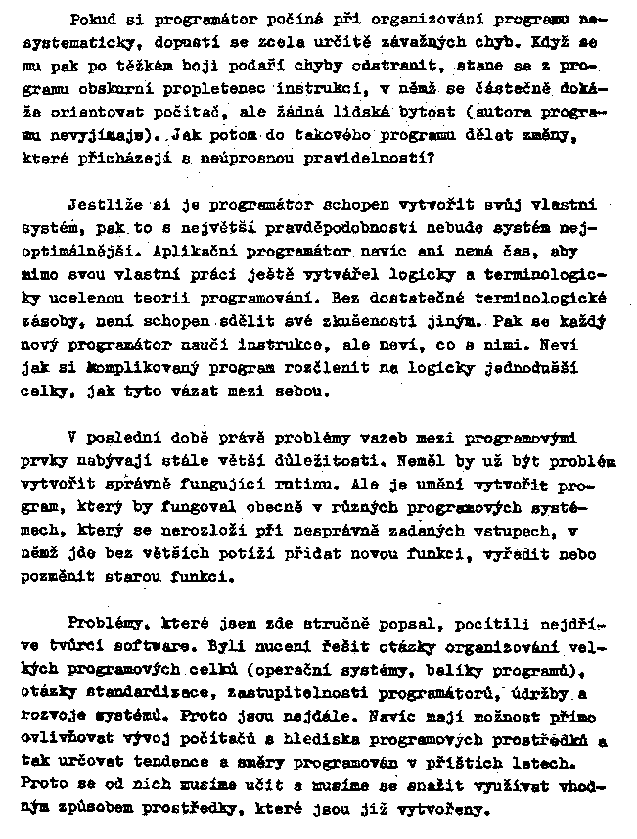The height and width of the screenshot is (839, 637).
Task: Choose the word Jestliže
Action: [x=103, y=208]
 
